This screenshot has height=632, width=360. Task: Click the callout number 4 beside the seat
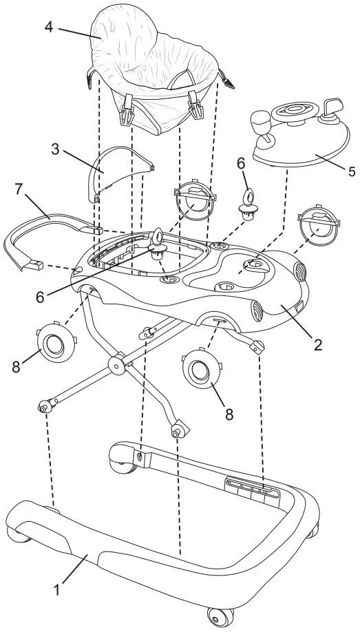click(49, 28)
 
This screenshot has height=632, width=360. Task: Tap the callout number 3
click(56, 149)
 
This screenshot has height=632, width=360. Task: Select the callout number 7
click(19, 189)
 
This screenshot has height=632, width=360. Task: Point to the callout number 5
click(352, 171)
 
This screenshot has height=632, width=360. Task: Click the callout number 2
click(318, 345)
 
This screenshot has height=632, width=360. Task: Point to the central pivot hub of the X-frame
click(117, 365)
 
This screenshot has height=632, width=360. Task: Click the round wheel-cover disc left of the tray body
click(56, 341)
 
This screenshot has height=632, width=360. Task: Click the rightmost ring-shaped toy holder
click(318, 226)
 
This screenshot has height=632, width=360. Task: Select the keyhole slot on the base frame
click(140, 456)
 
